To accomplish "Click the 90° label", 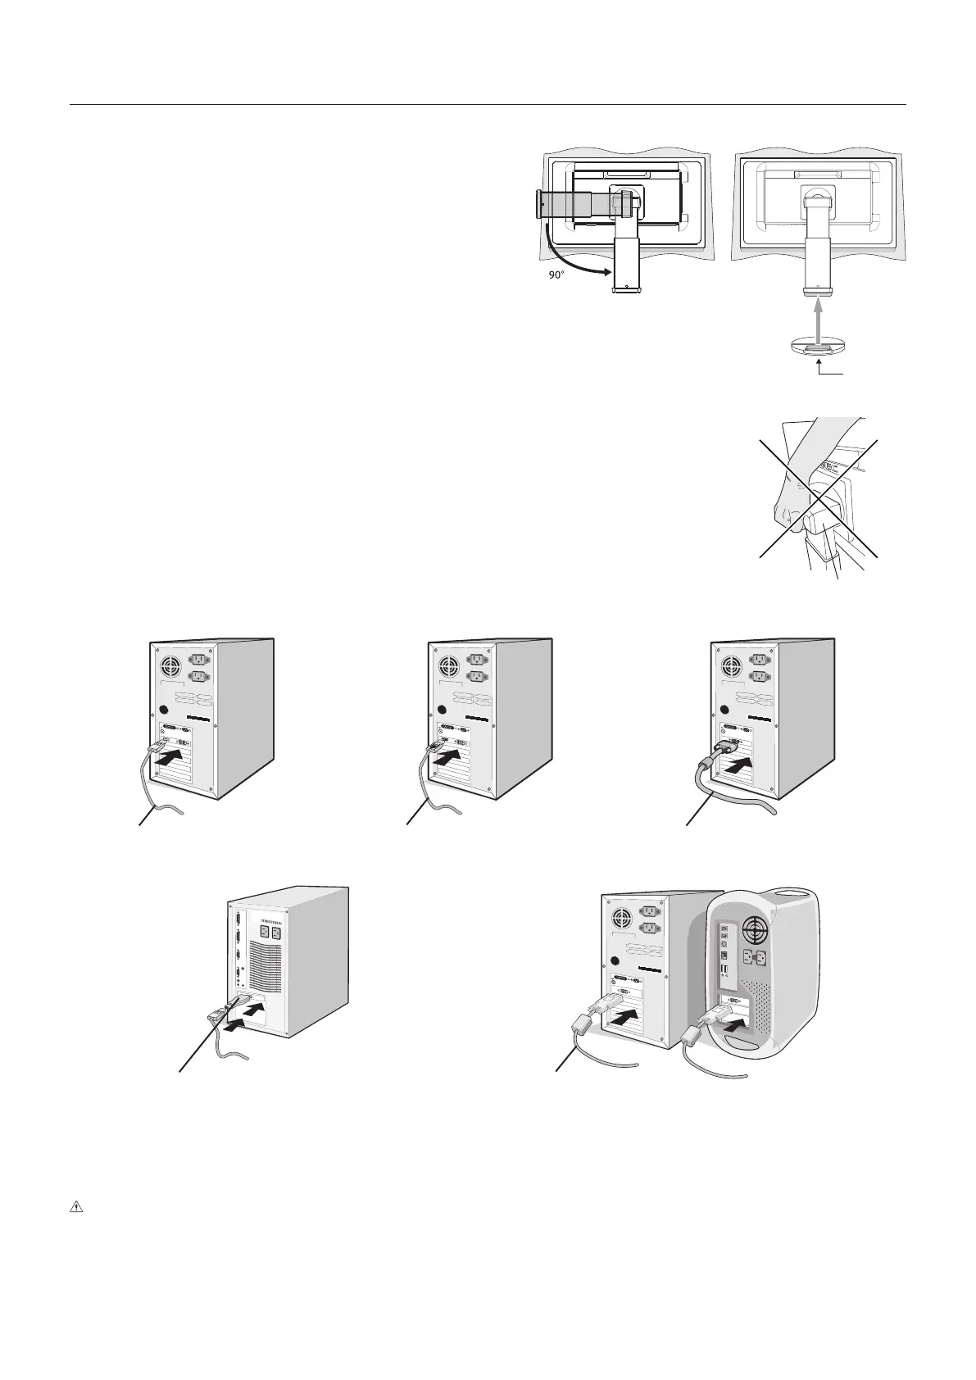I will coord(556,275).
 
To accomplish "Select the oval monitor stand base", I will coord(817,347).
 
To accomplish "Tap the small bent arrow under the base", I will coord(828,370).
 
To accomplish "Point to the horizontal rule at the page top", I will coord(488,105).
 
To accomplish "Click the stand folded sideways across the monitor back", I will coord(578,202).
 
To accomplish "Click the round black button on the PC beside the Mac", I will coord(614,960).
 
